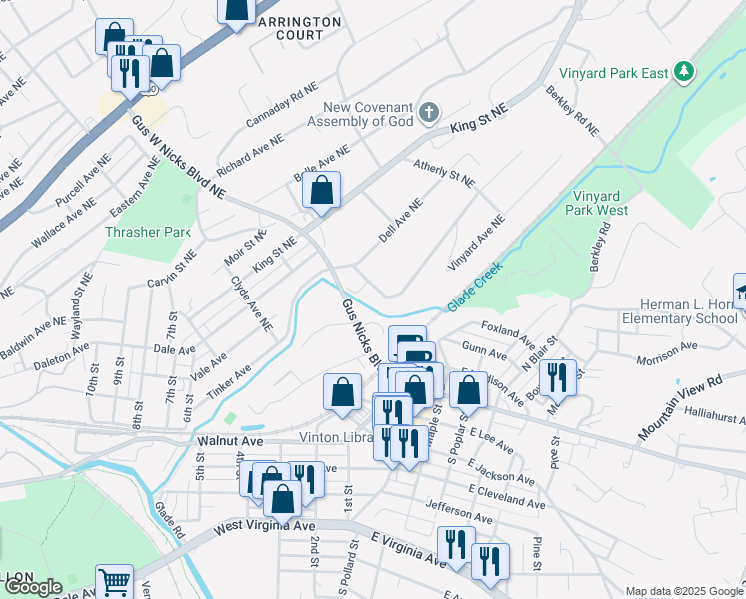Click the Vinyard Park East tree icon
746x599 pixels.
click(x=683, y=72)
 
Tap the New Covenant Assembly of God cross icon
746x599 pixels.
click(x=428, y=112)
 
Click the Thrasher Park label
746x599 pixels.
click(x=148, y=232)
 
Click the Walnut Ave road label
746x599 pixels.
click(x=229, y=439)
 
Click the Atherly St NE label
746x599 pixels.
click(x=445, y=176)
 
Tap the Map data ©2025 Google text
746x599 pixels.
click(x=683, y=591)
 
